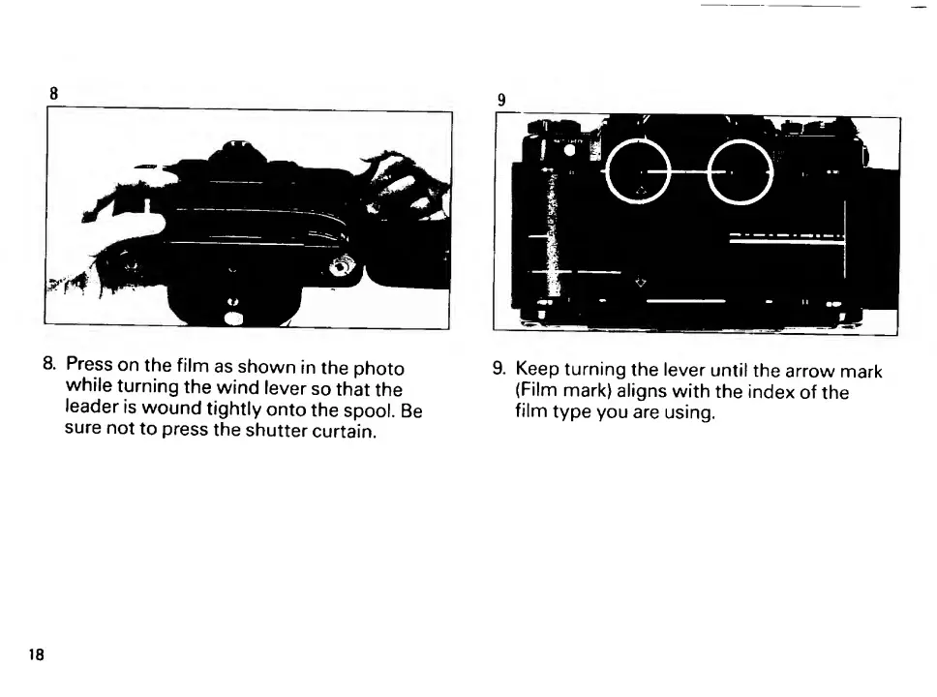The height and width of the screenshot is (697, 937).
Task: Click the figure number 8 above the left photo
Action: pos(54,94)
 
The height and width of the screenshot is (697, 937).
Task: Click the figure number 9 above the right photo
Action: pos(501,100)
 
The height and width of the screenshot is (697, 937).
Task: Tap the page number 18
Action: pos(36,654)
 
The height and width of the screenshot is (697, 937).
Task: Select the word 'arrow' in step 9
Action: pos(788,370)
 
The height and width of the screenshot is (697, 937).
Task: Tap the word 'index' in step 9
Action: pos(775,392)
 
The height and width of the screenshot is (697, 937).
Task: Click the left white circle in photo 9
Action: pos(635,170)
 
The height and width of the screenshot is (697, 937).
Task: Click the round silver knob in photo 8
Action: pos(342,265)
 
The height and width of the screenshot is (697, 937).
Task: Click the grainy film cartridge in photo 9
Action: pos(553,232)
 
